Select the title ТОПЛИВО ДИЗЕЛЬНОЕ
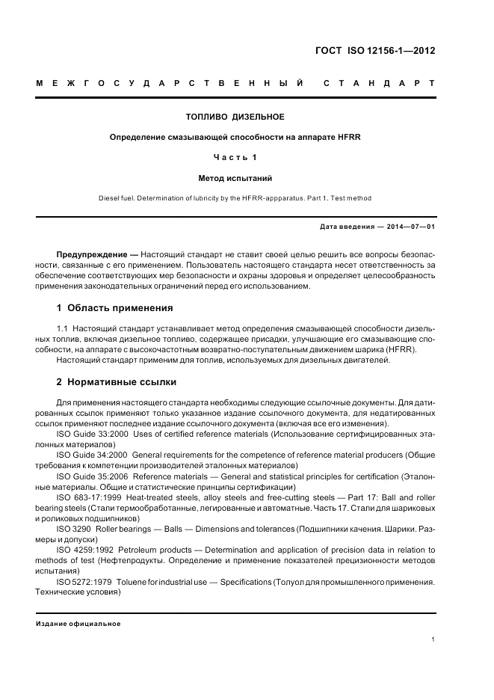click(x=235, y=117)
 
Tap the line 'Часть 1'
click(x=235, y=158)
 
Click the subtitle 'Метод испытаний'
click(x=235, y=179)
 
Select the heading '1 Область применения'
click(x=115, y=307)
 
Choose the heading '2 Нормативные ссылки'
click(x=117, y=382)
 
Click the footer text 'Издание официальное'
click(x=78, y=623)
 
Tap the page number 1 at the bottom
click(x=433, y=639)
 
